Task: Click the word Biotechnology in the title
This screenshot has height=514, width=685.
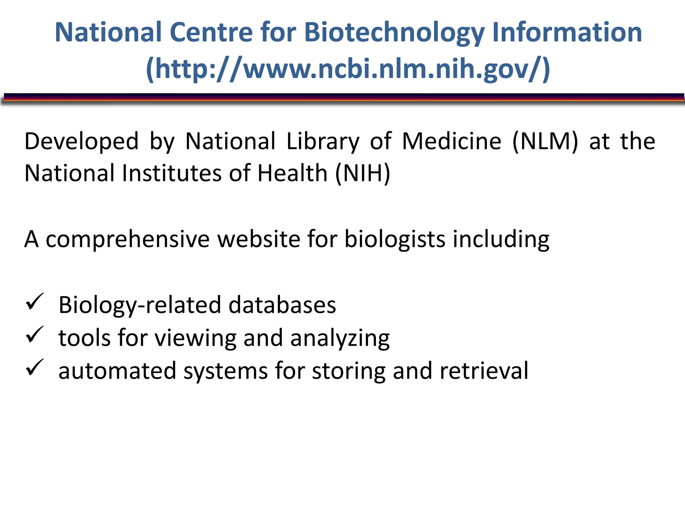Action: coord(394,32)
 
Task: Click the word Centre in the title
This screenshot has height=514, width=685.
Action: coord(211,32)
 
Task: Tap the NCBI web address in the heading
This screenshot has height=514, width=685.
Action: coord(348,69)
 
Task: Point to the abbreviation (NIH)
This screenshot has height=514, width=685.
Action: coord(363,173)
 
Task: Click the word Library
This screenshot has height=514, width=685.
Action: coord(323,142)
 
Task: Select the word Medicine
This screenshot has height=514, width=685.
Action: coord(452,142)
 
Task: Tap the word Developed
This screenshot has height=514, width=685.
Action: coord(81,142)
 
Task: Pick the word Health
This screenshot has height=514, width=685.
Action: coord(292,173)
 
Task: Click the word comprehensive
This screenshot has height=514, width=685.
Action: coord(127,240)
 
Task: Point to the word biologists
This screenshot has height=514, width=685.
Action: coord(395,240)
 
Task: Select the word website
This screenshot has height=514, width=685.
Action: coord(259,240)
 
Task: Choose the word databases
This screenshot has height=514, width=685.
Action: coord(282,305)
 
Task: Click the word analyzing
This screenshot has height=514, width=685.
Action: coord(340,338)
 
